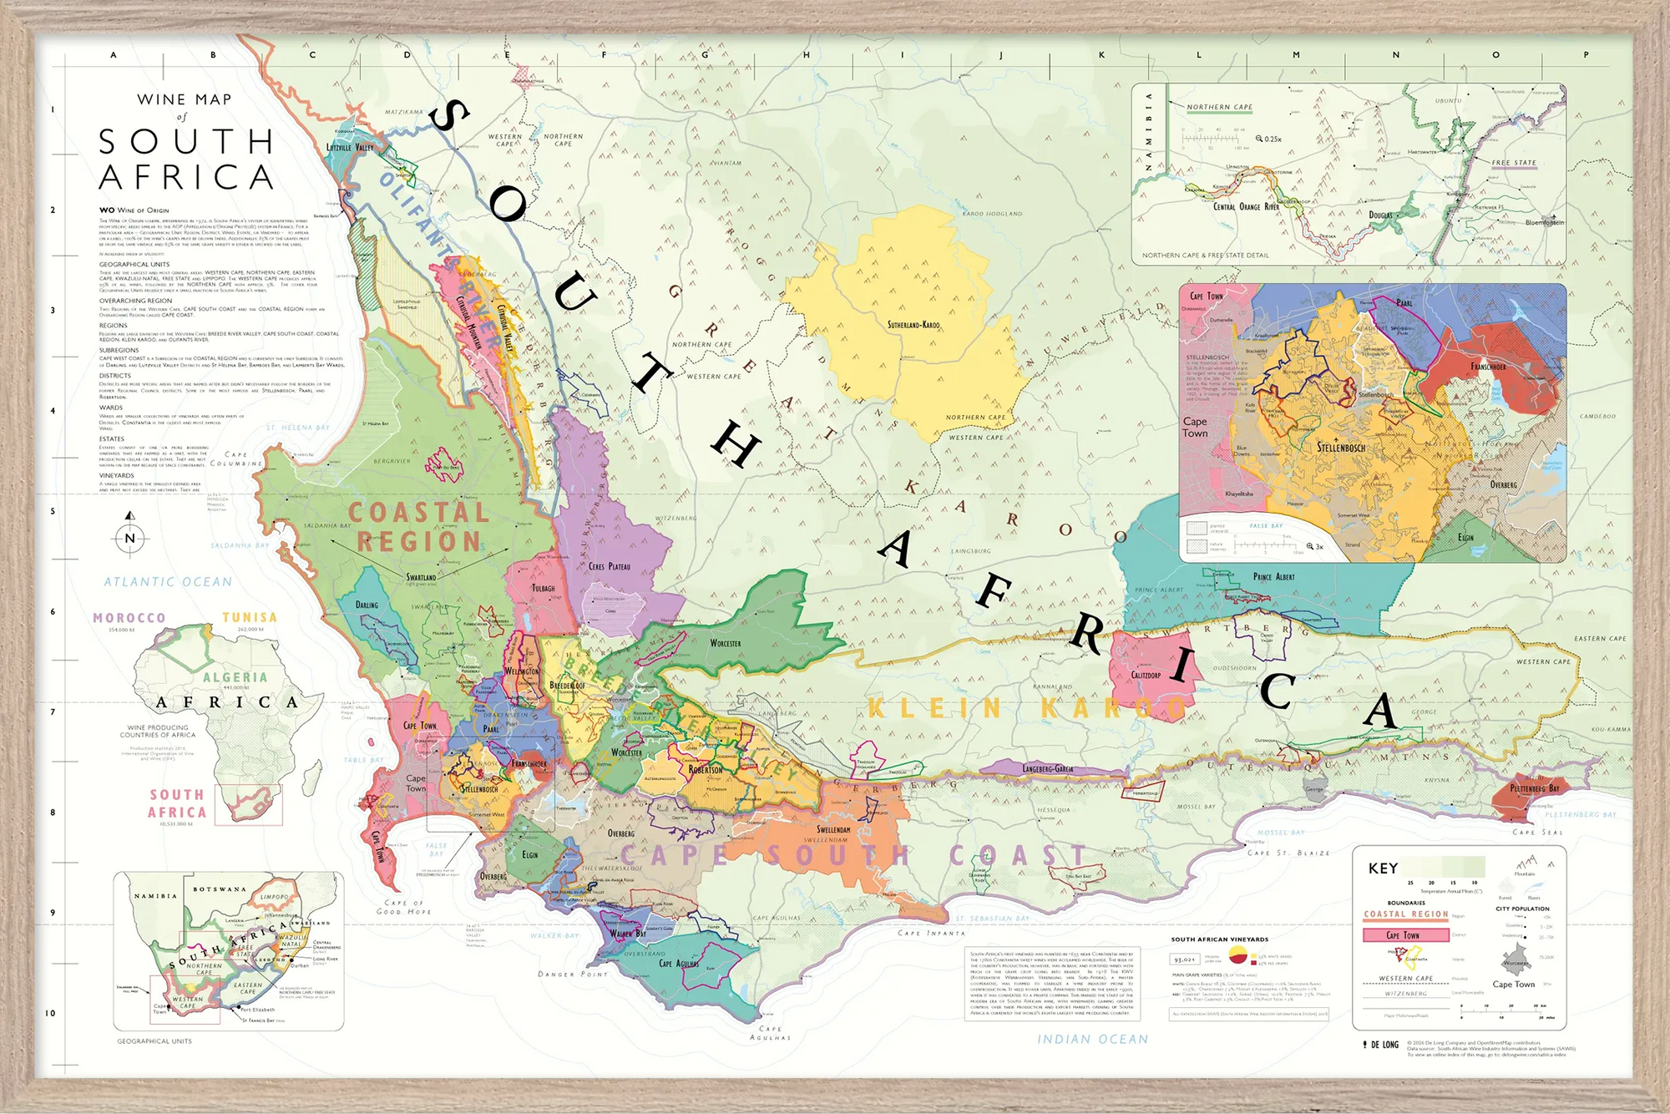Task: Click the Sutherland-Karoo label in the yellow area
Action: pos(913,325)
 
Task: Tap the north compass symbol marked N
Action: pos(129,538)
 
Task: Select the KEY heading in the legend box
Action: pos(1383,868)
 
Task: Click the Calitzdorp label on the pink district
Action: pos(1146,675)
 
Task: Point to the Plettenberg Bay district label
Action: pos(1534,788)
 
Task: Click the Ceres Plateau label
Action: pos(610,567)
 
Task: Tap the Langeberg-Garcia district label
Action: pos(1048,768)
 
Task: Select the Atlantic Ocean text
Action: pos(168,582)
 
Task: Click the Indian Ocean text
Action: pos(1092,1039)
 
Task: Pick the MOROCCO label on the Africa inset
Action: pos(129,618)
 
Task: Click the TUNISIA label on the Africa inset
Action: pos(250,617)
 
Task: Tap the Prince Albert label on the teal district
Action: pos(1273,577)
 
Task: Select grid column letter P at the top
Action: pos(1586,55)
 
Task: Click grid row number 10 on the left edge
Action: pos(50,1013)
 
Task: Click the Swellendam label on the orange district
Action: pos(832,830)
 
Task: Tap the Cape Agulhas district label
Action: pos(678,964)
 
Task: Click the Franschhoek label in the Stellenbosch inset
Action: pos(1488,367)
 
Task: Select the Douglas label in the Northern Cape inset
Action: pos(1380,215)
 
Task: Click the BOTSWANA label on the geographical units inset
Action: pos(219,889)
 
